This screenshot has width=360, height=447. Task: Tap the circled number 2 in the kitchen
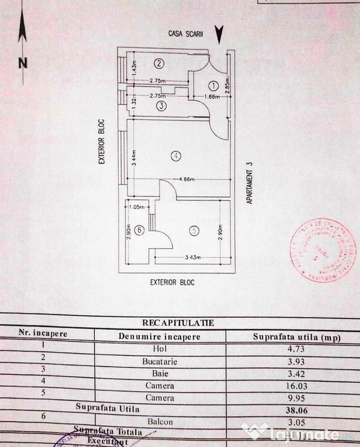coord(159,63)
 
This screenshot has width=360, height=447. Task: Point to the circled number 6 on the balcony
coord(139,230)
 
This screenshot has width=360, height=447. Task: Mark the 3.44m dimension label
coord(133,157)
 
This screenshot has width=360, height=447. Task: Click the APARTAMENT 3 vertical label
coord(249,182)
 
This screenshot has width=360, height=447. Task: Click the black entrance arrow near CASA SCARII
coord(219,34)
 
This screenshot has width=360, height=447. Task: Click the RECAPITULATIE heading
coord(178,322)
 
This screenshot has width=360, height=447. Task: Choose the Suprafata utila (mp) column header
coord(297,337)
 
